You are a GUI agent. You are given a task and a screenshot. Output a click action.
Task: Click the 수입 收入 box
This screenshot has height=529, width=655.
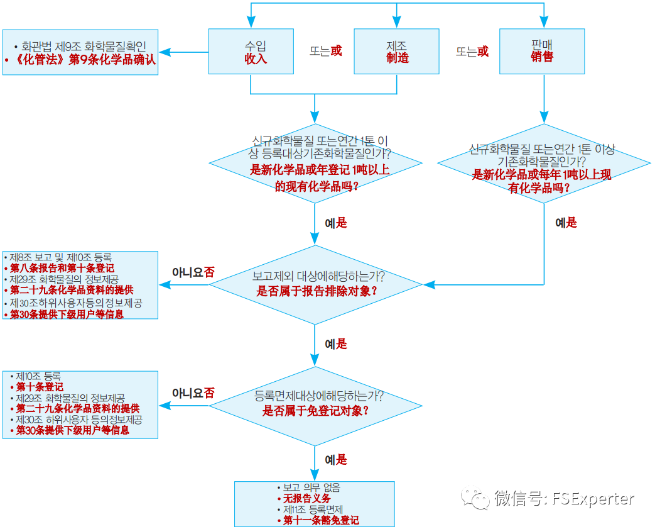tap(256, 52)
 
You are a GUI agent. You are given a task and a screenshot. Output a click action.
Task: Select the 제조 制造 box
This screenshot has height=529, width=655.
tap(397, 52)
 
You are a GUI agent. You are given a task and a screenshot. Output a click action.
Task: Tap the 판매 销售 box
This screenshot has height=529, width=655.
tap(541, 52)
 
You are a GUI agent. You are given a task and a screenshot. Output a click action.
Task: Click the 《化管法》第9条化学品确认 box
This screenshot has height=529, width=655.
tap(80, 52)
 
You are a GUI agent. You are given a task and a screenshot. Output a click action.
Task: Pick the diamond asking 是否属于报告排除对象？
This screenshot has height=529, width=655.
tap(316, 284)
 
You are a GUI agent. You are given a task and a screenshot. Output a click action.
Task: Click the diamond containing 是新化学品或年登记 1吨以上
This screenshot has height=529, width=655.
tap(316, 162)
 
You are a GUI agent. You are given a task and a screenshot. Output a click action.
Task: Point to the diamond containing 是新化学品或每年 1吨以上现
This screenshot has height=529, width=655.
tap(543, 163)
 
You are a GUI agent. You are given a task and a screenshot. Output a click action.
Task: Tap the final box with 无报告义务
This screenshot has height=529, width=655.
tap(315, 504)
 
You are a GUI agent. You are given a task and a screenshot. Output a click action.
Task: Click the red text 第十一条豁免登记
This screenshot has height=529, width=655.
tap(321, 520)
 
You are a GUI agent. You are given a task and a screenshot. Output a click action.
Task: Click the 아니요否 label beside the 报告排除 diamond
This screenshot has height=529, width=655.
tap(193, 272)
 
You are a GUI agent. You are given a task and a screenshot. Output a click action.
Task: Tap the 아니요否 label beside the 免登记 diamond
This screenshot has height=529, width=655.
tap(193, 393)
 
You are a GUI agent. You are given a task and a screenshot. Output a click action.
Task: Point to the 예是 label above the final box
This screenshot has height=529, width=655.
tap(335, 460)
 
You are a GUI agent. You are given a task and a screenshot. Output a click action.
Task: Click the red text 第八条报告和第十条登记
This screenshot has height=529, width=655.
tap(62, 268)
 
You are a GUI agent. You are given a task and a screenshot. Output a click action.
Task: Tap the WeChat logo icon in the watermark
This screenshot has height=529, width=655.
tap(475, 499)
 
